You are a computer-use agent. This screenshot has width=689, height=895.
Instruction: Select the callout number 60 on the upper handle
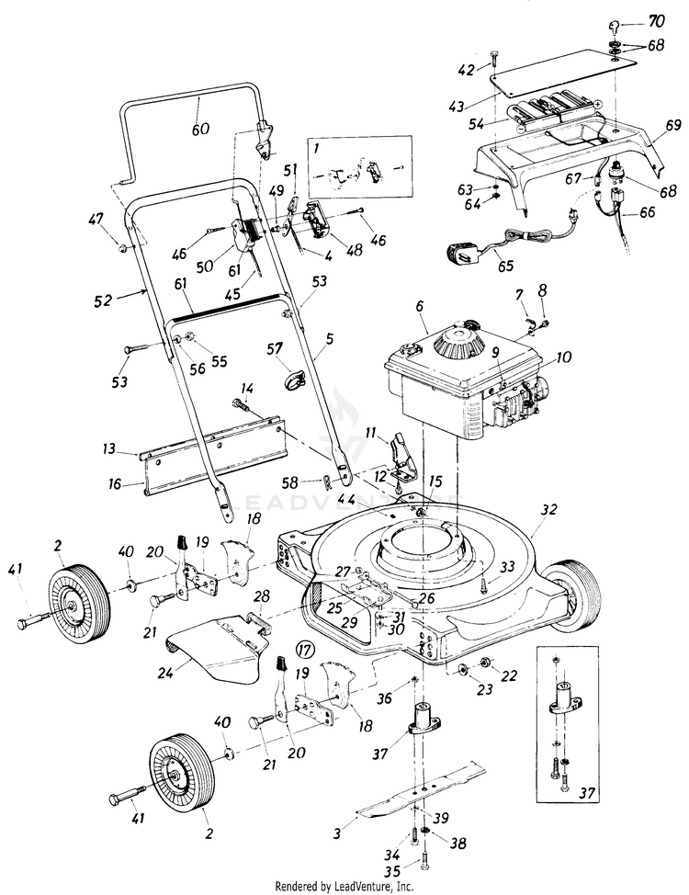coord(200,129)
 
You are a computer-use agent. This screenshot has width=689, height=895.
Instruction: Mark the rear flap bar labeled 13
coord(211,450)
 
